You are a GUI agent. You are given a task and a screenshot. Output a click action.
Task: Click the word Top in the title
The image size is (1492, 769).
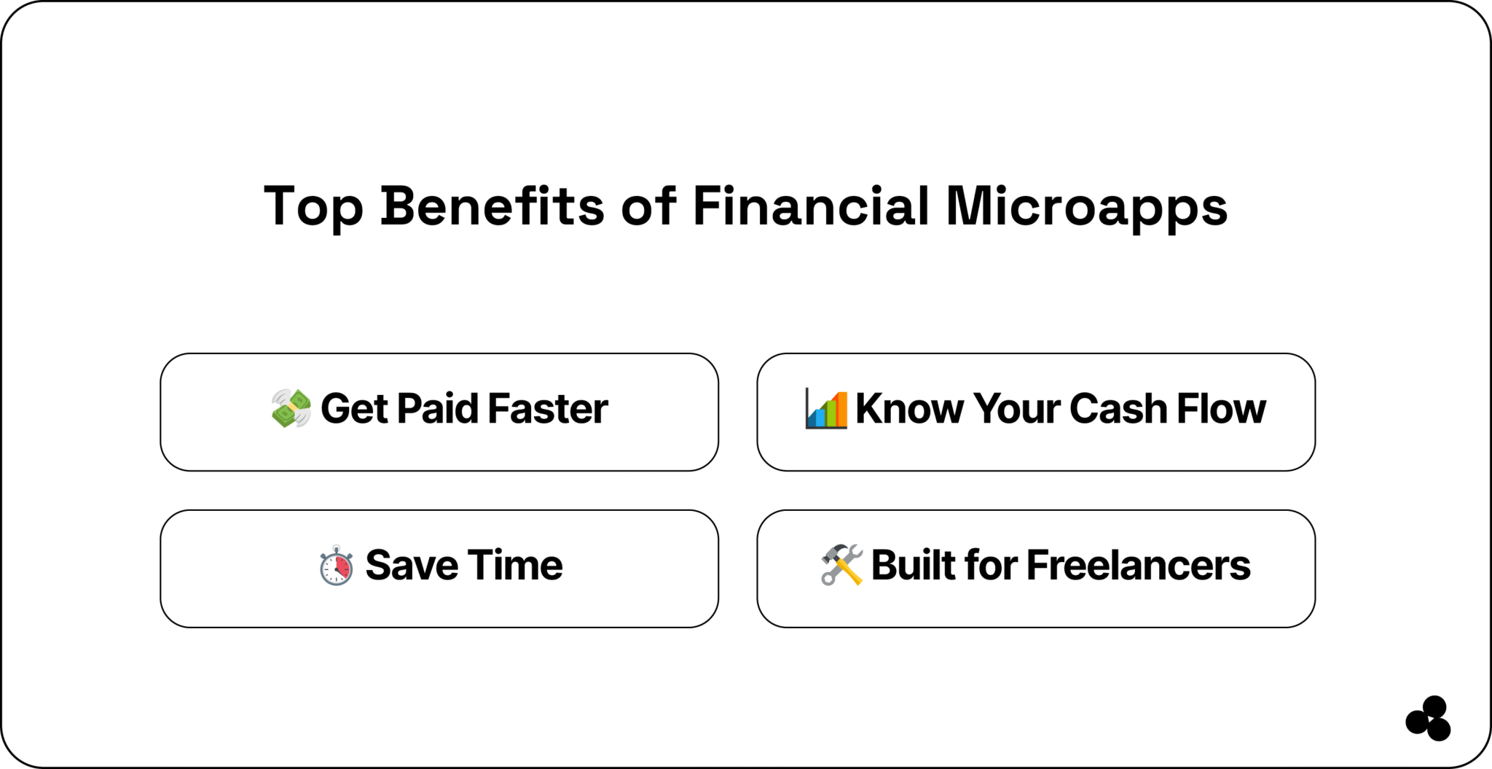click(313, 206)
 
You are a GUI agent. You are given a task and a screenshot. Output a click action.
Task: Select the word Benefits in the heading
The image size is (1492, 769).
click(492, 206)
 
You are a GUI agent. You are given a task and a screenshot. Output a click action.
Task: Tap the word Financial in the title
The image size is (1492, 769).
click(810, 206)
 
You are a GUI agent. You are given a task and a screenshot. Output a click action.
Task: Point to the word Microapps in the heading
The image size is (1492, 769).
click(1086, 206)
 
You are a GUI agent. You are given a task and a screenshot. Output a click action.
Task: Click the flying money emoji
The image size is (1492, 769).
click(291, 408)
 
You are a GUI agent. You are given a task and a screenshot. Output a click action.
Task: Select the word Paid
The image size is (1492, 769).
click(438, 408)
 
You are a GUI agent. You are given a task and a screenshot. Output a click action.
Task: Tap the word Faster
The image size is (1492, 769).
click(548, 408)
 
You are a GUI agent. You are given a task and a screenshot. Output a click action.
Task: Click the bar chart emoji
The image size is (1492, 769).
click(826, 408)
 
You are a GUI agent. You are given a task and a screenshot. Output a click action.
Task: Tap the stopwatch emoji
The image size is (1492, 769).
click(337, 566)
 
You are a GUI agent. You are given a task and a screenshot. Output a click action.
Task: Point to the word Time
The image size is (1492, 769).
click(515, 566)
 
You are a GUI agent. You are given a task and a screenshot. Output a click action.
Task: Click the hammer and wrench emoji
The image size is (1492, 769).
click(841, 565)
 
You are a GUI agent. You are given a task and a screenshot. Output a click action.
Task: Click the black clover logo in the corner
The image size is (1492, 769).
click(1429, 719)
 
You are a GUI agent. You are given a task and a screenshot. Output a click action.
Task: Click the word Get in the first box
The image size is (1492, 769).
click(354, 408)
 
